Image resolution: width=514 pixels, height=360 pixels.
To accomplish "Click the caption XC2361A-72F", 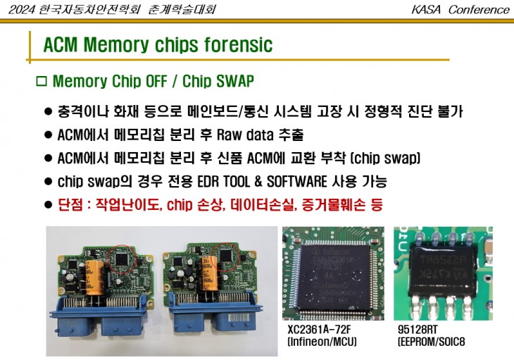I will click(320, 330).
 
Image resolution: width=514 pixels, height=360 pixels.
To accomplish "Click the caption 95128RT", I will click(417, 330).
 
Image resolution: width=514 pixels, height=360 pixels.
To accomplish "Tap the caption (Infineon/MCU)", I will click(322, 342).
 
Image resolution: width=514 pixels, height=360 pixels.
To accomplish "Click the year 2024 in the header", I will click(19, 9).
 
